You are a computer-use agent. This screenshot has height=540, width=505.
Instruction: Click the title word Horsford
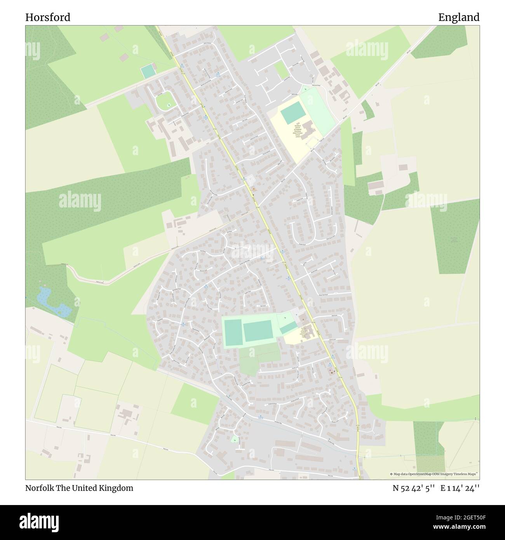48,17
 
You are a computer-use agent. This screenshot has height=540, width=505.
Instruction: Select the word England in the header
459,17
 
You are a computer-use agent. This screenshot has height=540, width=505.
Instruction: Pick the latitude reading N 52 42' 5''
413,488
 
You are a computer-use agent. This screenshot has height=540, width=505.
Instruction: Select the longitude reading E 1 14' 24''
460,488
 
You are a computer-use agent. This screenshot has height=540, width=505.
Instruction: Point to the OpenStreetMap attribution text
434,474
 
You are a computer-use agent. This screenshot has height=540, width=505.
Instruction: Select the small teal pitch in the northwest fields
147,71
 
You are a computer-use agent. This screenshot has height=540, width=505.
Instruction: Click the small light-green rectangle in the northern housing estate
280,70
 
